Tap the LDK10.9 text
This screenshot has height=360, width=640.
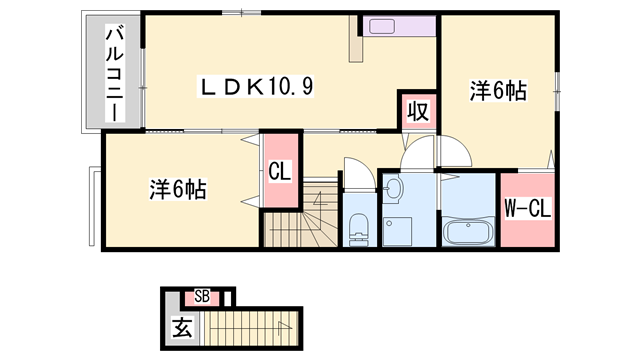click(261, 87)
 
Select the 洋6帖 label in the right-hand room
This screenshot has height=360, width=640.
click(497, 90)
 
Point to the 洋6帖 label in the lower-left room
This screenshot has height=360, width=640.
click(178, 188)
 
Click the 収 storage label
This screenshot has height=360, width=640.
click(418, 111)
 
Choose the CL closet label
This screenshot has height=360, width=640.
click(279, 171)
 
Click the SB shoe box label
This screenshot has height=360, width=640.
click(201, 296)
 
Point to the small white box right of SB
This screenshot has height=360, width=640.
click(227, 297)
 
